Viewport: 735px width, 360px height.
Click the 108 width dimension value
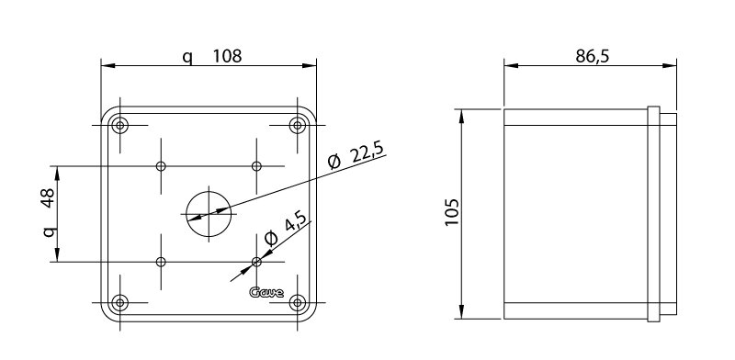click(227, 56)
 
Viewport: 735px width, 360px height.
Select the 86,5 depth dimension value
click(594, 55)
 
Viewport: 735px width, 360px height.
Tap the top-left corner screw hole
click(121, 125)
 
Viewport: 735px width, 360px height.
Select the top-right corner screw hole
click(297, 125)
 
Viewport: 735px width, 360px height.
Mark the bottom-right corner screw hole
click(297, 301)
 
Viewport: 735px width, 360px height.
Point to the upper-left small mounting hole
click(162, 166)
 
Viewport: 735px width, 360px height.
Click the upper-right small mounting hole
click(256, 166)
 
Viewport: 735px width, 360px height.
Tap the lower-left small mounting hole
click(162, 262)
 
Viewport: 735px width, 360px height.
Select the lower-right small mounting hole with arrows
click(256, 262)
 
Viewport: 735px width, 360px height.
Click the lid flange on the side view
click(653, 213)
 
